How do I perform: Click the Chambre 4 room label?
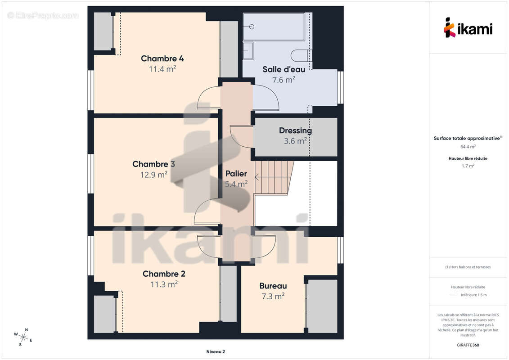tap(162, 58)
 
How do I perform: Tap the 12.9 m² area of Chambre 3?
tap(154, 175)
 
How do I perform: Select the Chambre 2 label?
tap(164, 274)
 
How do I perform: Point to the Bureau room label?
tap(273, 286)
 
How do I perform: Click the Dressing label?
tap(295, 130)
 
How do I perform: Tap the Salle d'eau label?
tap(284, 69)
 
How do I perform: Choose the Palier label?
tap(236, 174)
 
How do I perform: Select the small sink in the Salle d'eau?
tap(248, 51)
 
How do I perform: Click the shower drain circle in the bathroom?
tap(252, 27)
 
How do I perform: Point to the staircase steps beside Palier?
tap(274, 178)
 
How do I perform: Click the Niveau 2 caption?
tap(216, 351)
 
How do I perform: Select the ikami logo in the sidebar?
tap(468, 27)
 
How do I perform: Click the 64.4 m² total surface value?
tap(468, 147)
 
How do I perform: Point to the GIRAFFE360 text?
tap(468, 345)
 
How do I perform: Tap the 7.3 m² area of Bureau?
tap(273, 297)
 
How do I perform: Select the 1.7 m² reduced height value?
tap(468, 166)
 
